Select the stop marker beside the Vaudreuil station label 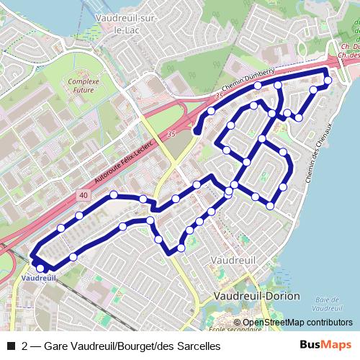40,268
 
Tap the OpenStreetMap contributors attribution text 297,323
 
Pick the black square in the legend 10,346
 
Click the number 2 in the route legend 25,346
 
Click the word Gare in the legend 57,346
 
